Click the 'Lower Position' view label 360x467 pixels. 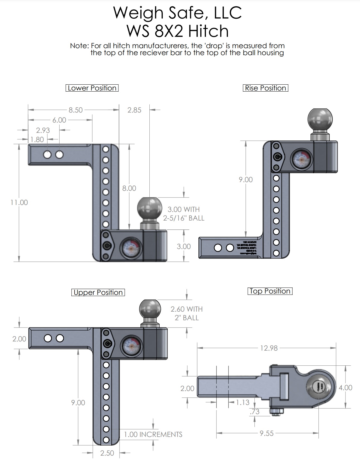(x=92, y=88)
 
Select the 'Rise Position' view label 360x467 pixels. (x=266, y=88)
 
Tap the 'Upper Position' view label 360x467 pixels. (x=98, y=292)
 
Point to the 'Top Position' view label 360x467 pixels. (x=270, y=291)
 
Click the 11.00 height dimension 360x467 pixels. (x=19, y=202)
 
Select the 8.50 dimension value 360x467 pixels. (x=76, y=110)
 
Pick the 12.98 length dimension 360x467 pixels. (x=269, y=348)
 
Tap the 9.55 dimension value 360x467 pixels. (x=267, y=433)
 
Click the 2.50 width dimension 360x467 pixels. (x=107, y=453)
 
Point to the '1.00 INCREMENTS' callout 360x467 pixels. (x=153, y=434)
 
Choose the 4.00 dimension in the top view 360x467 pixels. (x=346, y=388)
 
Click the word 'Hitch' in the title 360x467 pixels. (x=208, y=31)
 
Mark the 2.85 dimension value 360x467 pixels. (x=134, y=110)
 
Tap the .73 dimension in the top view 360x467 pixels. (x=255, y=412)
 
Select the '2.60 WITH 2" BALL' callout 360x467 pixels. (x=187, y=313)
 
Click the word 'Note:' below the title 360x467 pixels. (x=79, y=46)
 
